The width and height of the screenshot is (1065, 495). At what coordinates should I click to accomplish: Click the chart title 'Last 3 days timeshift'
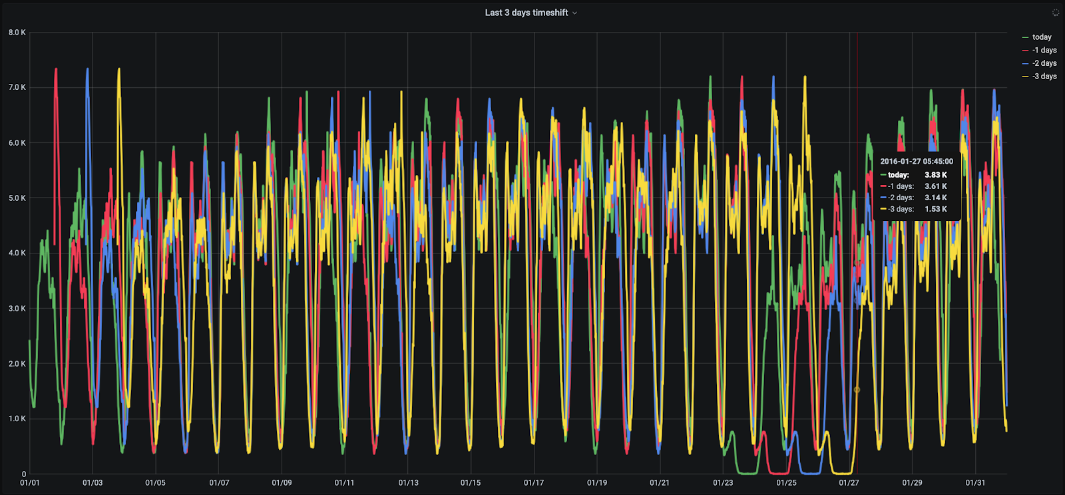(x=526, y=13)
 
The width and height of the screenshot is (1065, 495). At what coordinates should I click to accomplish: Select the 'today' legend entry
(x=1042, y=37)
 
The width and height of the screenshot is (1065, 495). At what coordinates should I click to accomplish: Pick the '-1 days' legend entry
(x=1044, y=51)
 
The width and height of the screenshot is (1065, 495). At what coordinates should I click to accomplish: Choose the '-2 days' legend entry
(x=1044, y=63)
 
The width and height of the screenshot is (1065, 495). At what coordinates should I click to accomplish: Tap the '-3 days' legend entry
(x=1044, y=77)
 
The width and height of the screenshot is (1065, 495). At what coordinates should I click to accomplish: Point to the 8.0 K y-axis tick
(x=17, y=33)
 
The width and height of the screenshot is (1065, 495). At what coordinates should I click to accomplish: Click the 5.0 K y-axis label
(x=17, y=198)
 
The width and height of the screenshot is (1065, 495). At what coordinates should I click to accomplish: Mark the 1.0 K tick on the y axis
(x=17, y=419)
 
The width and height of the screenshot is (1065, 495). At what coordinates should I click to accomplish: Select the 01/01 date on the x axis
(x=30, y=483)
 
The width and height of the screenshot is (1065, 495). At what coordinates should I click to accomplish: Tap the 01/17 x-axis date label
(x=534, y=483)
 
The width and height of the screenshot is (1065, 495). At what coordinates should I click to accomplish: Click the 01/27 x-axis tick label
(x=849, y=483)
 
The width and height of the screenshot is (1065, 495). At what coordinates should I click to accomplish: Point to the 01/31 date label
(x=975, y=483)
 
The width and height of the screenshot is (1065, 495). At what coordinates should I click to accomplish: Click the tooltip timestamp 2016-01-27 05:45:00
(x=917, y=162)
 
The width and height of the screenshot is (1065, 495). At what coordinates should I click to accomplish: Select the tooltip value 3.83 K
(x=935, y=175)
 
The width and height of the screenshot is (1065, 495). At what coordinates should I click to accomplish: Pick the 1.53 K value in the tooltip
(x=935, y=209)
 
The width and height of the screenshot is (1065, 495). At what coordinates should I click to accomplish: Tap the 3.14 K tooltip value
(x=935, y=198)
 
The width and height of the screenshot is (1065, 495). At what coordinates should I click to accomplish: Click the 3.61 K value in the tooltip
(x=935, y=186)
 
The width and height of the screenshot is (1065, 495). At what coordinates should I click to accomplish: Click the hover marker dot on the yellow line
(x=857, y=390)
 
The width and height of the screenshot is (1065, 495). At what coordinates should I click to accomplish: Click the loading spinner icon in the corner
(x=1055, y=13)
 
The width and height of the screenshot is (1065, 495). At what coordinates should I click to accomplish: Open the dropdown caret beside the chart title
(x=575, y=13)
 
